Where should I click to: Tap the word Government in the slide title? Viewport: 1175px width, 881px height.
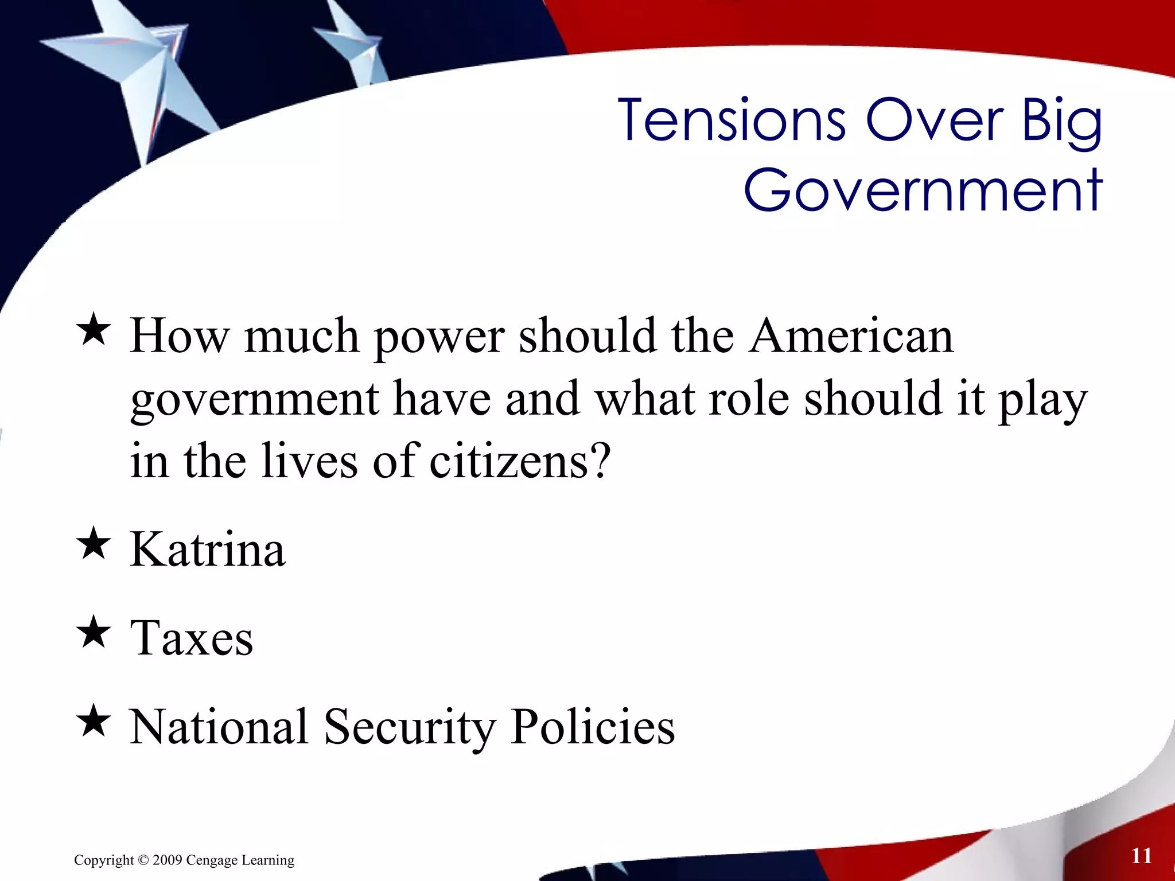coord(923,190)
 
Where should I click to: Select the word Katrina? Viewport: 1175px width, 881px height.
coord(208,549)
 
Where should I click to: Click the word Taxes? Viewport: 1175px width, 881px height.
coord(192,638)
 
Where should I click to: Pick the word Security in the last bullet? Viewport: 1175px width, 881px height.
coord(409,727)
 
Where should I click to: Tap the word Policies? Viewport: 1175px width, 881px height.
coord(593,727)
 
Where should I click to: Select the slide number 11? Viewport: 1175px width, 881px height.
coord(1141,856)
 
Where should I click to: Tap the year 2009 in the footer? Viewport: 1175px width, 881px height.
coord(168,860)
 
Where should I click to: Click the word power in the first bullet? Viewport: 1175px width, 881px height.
coord(440,337)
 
